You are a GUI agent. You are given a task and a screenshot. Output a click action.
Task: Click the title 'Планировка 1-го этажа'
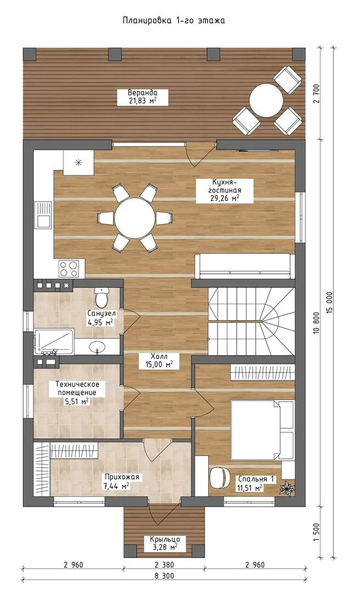[174, 20]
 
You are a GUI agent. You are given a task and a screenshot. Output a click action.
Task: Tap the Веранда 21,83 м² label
[142, 96]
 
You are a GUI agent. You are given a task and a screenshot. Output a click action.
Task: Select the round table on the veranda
[266, 100]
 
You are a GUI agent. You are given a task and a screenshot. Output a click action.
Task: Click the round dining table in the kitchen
[135, 218]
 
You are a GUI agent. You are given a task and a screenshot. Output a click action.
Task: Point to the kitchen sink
[43, 215]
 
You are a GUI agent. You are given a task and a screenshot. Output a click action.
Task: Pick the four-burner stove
[68, 269]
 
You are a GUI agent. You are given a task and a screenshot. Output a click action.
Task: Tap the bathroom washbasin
[98, 346]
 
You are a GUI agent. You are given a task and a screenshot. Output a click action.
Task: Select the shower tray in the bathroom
[54, 341]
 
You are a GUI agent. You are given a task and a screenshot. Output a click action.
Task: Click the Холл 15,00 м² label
[159, 361]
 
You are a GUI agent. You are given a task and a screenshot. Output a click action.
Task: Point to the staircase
[251, 321]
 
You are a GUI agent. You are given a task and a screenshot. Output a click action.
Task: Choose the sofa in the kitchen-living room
[244, 266]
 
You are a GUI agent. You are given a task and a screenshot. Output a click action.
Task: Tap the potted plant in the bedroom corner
[287, 488]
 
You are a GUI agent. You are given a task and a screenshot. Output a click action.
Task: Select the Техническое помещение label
[77, 388]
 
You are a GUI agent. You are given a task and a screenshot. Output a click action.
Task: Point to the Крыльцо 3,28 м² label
[164, 543]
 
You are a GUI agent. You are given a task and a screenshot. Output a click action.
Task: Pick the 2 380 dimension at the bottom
[164, 565]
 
